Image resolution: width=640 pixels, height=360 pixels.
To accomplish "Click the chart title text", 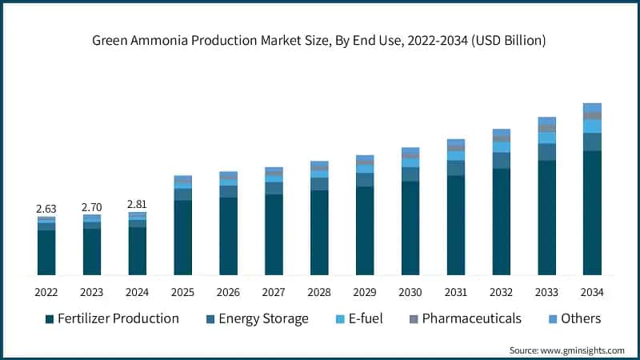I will point(320,41).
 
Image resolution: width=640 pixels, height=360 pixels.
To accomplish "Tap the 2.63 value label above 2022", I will point(46,209).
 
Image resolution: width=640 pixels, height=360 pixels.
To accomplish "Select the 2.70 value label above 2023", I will point(92,207).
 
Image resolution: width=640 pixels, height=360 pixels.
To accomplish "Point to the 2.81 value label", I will point(138,205).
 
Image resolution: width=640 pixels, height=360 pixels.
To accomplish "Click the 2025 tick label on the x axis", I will point(183,291).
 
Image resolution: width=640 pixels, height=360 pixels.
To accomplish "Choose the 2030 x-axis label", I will point(410,291).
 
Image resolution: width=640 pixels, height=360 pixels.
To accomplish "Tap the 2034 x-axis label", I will point(592,291).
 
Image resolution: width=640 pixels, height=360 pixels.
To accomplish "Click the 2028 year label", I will point(319,291).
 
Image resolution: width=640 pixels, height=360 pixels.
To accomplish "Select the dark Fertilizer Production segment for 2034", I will point(592,213).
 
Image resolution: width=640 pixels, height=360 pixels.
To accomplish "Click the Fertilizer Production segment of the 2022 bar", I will point(46,253).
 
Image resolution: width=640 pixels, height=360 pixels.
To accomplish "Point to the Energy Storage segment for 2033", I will point(546,152).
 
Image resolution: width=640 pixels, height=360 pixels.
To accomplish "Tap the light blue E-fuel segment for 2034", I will point(592,126).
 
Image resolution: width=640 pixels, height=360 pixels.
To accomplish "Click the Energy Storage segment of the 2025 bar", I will point(183,194).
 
